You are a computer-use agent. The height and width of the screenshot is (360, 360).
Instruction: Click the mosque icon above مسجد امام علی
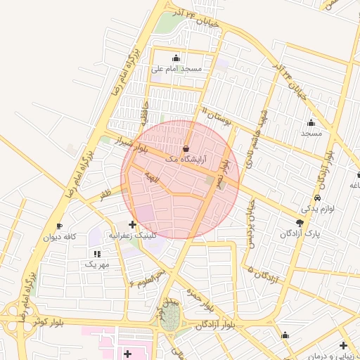tap(176, 58)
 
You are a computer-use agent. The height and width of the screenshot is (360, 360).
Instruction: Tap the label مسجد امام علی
tap(176, 69)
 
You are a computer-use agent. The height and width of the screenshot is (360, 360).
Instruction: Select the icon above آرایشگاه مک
tap(186, 149)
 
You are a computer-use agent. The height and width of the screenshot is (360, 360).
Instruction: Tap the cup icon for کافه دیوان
tap(60, 226)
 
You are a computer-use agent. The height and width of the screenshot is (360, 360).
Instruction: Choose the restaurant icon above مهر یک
tap(96, 253)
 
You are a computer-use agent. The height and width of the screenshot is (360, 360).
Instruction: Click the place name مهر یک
tap(97, 264)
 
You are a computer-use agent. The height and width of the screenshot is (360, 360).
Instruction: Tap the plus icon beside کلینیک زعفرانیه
tap(132, 224)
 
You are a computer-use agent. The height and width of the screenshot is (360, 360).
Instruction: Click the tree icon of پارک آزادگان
tap(300, 222)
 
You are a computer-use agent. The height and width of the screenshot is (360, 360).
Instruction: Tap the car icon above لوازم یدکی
tap(318, 198)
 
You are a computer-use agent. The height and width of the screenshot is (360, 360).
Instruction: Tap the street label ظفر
tap(105, 191)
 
